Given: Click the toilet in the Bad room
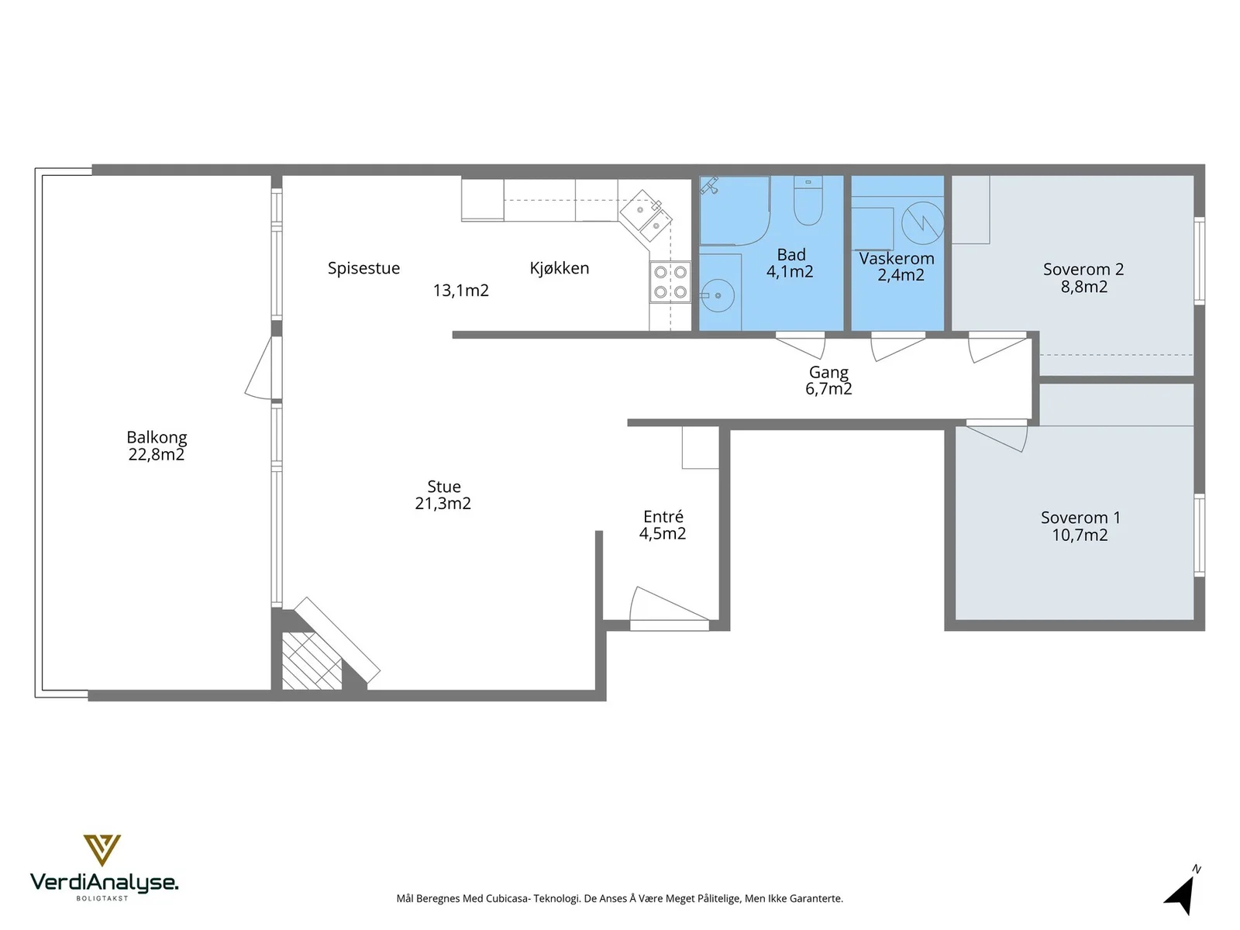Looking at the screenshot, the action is pos(808,200).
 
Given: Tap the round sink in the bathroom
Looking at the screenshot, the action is pos(718,295).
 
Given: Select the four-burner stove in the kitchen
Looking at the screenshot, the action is pos(670,282).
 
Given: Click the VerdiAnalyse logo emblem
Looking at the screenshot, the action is pos(102,849).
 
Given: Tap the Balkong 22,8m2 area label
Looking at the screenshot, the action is pos(157,446).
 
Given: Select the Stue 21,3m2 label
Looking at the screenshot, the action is pos(443,494).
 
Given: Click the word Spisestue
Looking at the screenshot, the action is pos(363,267).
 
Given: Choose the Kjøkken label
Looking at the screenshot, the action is pos(560,267).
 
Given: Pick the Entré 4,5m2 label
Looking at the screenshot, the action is pos(663,525).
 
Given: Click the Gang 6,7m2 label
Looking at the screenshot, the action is pos(828,380).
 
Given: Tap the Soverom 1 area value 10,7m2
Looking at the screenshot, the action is pos(1080,535).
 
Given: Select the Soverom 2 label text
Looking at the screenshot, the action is pos(1083,269).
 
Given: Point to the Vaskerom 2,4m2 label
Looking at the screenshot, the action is pos(897,267).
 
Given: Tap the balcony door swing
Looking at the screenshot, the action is pos(260,367).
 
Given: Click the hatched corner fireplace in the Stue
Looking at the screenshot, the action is pos(312,660).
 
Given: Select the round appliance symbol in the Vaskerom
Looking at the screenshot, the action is pos(922,222).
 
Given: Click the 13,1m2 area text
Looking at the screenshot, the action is pos(461,290).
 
